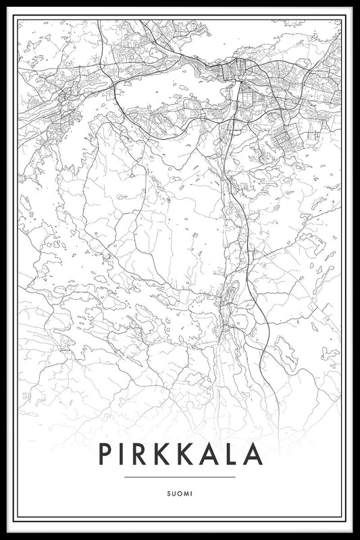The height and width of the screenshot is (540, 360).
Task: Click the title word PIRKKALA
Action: point(180,454)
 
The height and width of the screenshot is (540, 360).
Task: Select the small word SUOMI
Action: point(180,492)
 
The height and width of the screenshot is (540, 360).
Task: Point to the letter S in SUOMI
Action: point(168,492)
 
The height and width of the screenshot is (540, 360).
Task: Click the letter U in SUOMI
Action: point(174,492)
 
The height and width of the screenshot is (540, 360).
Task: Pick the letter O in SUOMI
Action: point(180,492)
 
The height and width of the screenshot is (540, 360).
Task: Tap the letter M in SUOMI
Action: point(186,492)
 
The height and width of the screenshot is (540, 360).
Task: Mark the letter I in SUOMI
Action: point(192,492)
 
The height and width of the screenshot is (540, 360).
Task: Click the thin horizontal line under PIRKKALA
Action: point(180,477)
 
